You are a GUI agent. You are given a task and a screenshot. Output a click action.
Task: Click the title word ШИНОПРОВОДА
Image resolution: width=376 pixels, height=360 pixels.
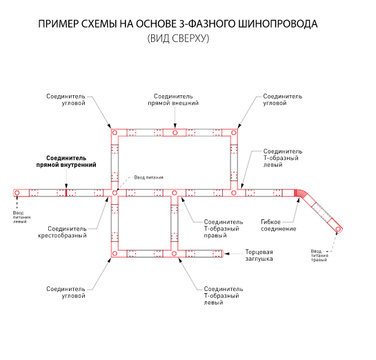coord(278,24)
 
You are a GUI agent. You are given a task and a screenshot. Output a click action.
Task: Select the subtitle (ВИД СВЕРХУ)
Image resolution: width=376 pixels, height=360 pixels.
coord(178,39)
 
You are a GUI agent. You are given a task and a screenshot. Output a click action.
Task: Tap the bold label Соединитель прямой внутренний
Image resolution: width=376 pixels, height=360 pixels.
coord(66,161)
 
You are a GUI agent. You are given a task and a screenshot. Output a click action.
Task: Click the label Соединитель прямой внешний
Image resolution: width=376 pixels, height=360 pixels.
coord(173,100)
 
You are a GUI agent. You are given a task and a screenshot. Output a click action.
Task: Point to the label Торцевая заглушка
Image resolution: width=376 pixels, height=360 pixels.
coord(259,255)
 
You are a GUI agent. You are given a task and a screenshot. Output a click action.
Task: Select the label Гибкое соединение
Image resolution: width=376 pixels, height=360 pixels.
coord(279,226)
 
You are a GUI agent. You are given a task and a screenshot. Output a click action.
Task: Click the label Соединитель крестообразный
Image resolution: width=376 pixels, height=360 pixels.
coord(62,232)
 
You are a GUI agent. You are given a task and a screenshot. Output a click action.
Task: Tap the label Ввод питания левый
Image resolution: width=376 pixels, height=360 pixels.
coord(21,217)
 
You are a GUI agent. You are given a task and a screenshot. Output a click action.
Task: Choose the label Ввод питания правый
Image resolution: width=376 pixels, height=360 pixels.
coord(319,255)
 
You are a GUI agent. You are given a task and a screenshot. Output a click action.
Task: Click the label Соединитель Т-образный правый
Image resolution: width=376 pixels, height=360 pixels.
coord(224,229)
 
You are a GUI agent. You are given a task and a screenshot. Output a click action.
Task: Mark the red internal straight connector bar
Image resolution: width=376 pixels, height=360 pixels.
coord(66,192)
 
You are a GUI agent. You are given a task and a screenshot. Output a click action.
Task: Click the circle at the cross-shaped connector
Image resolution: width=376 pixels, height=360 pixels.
coord(115,192)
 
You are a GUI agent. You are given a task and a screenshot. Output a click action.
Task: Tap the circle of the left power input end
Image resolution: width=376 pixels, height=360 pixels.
coord(17,192)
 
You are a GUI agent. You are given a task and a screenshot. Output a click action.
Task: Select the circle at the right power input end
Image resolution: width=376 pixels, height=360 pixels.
coord(338,230)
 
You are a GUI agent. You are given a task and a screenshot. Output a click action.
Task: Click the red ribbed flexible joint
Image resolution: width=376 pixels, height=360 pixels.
coord(299,193)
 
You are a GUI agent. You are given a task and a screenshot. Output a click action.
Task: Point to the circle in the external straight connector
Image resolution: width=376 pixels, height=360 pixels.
coord(175,132)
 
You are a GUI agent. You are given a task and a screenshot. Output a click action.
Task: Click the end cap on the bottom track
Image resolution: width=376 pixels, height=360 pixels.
coord(223,254)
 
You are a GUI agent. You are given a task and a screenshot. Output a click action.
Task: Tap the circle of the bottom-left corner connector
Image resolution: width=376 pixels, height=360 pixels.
coord(115,254)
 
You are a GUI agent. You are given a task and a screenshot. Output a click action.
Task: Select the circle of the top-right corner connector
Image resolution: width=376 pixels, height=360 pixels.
coord(234,132)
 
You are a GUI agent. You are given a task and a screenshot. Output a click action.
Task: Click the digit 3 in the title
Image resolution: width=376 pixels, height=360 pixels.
coord(181,24)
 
